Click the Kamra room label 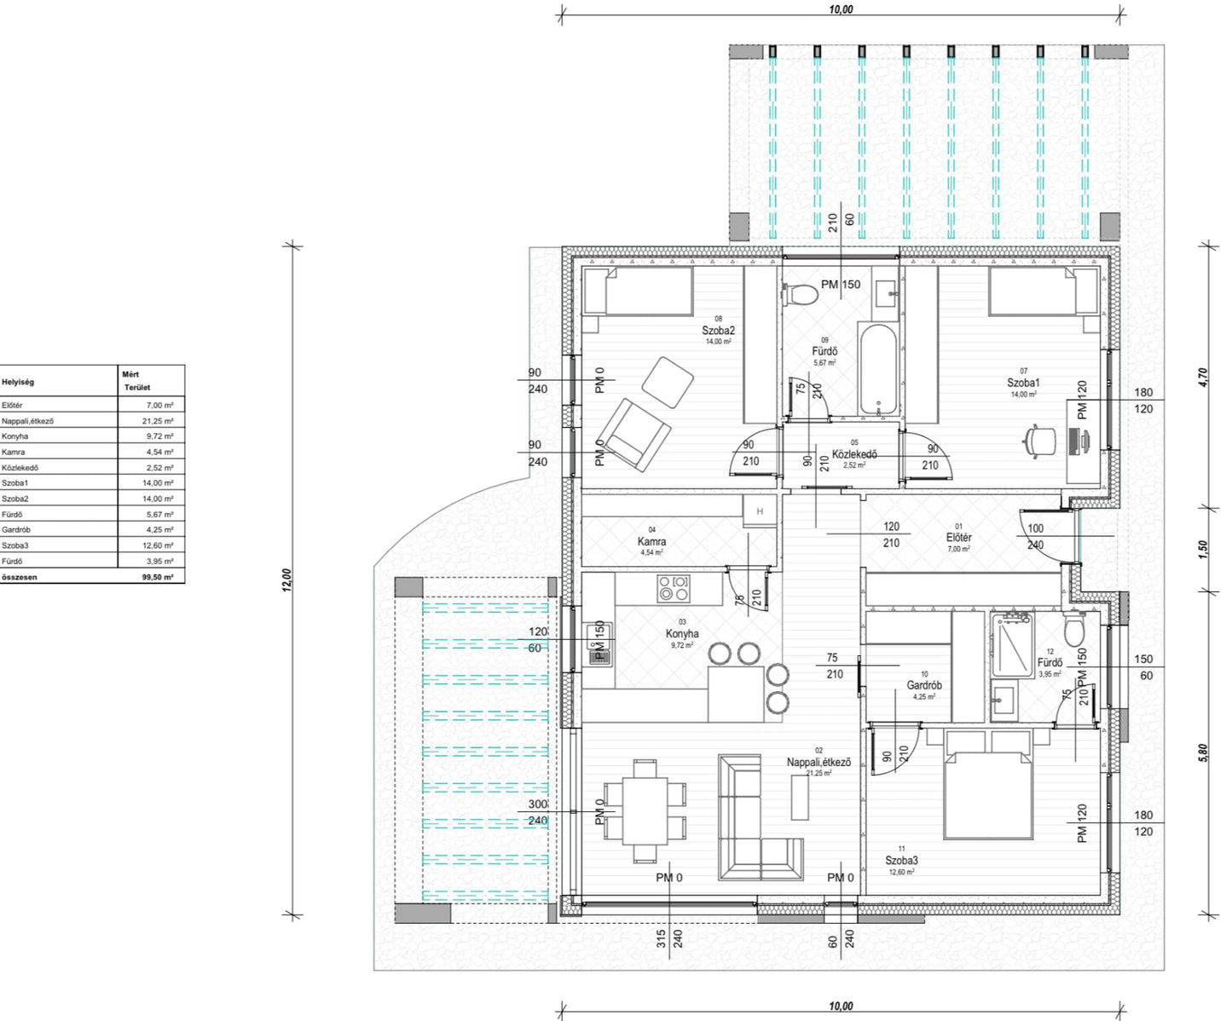pyautogui.click(x=651, y=541)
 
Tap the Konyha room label pyautogui.click(x=681, y=634)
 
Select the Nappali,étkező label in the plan pyautogui.click(x=818, y=762)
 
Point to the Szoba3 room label pyautogui.click(x=901, y=861)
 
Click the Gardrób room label pyautogui.click(x=923, y=685)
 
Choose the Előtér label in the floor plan pyautogui.click(x=958, y=538)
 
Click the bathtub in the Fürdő pyautogui.click(x=877, y=370)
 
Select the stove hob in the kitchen pyautogui.click(x=673, y=588)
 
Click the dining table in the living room pyautogui.click(x=645, y=805)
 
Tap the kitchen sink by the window pyautogui.click(x=599, y=644)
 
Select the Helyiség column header pyautogui.click(x=18, y=382)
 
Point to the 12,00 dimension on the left pyautogui.click(x=287, y=580)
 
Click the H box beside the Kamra pyautogui.click(x=759, y=511)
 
